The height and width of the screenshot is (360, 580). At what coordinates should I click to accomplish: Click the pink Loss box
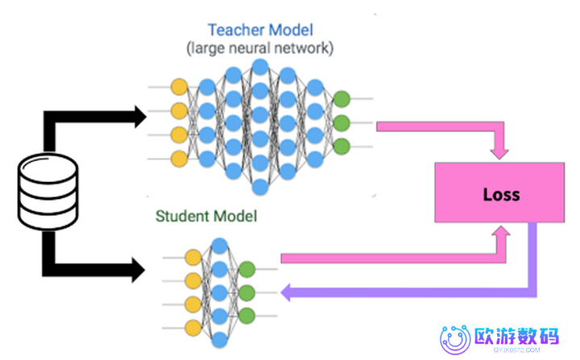(x=489, y=192)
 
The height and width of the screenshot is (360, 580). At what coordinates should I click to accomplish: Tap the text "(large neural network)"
(x=259, y=49)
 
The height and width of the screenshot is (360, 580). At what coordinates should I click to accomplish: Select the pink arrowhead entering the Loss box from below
(x=501, y=234)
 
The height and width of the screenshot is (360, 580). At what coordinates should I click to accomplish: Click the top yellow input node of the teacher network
(x=179, y=85)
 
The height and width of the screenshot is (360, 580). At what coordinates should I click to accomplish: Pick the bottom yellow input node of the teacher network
(x=179, y=158)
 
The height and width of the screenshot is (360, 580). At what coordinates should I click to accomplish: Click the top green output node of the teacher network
(x=342, y=100)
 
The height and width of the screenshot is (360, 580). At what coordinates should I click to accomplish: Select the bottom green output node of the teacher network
(x=342, y=147)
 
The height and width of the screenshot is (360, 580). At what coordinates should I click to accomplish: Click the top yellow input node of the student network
(x=193, y=258)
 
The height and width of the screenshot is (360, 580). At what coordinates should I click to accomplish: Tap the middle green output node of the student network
(x=246, y=292)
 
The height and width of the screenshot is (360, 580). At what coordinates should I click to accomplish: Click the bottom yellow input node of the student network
(x=193, y=327)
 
